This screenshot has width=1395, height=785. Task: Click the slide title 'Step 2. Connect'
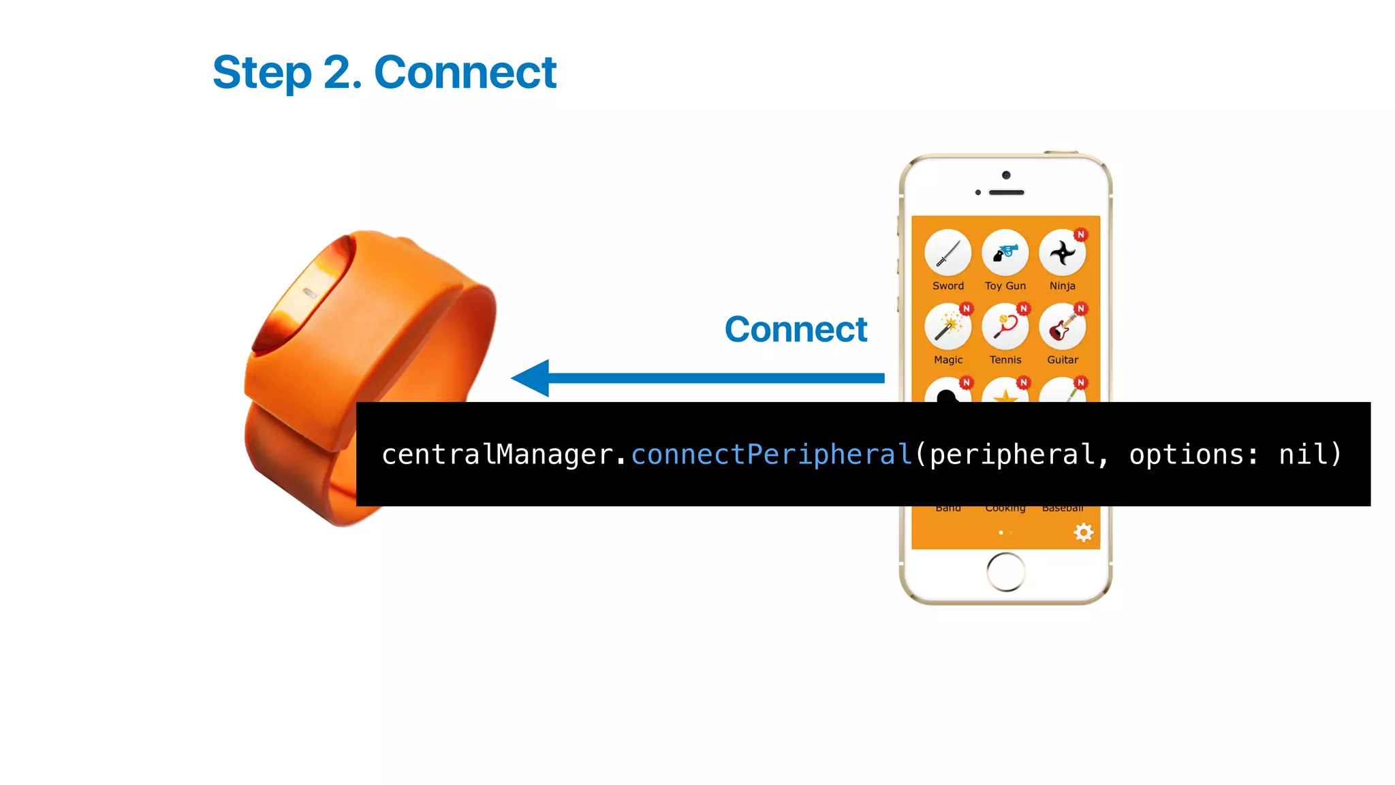(384, 72)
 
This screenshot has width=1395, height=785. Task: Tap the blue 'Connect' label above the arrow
(796, 330)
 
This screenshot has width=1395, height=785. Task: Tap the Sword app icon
(947, 253)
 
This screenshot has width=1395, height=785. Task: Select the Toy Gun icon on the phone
(1005, 253)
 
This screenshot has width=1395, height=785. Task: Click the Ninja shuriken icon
(1062, 253)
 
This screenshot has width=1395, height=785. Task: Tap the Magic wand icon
(947, 327)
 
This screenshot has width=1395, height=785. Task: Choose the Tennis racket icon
(1005, 327)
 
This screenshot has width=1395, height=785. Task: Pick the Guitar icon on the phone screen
(1062, 327)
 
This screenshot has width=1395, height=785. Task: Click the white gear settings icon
(1083, 532)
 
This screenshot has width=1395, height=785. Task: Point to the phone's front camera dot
(1006, 175)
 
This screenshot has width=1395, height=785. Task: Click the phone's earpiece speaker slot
(1006, 193)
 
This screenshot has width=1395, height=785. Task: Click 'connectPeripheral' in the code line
(771, 455)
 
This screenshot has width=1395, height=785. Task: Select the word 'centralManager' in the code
(497, 455)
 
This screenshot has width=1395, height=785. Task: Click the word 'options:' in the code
(1193, 455)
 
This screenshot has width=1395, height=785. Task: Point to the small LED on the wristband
(309, 293)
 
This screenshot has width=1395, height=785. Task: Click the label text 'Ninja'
(1062, 286)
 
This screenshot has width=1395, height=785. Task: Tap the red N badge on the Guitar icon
(1080, 309)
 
